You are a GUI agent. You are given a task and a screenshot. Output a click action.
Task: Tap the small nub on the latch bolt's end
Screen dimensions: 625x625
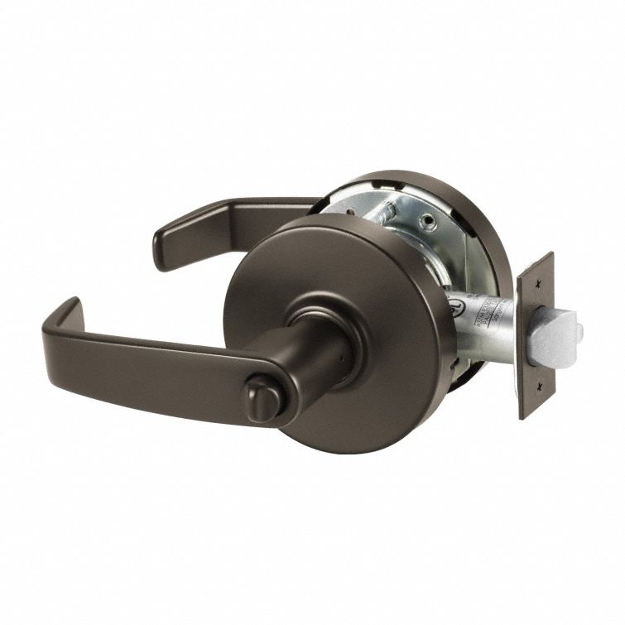(579, 330)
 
